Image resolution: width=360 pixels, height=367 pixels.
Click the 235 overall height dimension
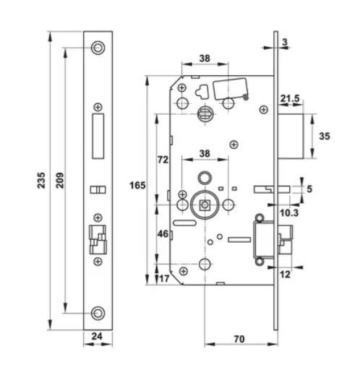tap(41, 180)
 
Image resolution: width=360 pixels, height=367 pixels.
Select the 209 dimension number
tap(60, 180)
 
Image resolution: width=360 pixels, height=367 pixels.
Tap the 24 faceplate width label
tap(97, 336)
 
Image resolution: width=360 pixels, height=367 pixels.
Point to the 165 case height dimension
tap(137, 186)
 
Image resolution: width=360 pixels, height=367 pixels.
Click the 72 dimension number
tap(163, 160)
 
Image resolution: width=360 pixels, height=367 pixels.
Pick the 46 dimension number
tap(163, 233)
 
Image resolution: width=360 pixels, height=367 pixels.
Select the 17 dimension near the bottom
tap(164, 279)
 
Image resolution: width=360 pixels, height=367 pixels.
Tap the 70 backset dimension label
tap(239, 339)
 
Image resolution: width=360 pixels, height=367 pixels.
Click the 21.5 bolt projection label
tap(290, 98)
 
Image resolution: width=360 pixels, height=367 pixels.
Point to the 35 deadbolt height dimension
tap(325, 137)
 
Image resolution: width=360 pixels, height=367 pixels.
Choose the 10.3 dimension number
tap(289, 212)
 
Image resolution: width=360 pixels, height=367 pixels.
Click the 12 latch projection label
tap(286, 275)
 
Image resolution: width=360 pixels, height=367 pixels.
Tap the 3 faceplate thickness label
tap(285, 42)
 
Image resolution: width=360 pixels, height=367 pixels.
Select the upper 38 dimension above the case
tap(205, 59)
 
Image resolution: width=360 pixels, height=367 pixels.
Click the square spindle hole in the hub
tap(205, 205)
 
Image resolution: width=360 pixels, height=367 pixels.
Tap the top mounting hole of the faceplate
tap(98, 48)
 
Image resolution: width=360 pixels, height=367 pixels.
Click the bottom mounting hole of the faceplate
tap(98, 313)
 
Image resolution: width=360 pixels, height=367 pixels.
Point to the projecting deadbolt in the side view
tap(291, 137)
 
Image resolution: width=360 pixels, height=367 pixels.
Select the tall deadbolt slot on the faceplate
tap(98, 137)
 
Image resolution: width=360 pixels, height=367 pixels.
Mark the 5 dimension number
tap(309, 189)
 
